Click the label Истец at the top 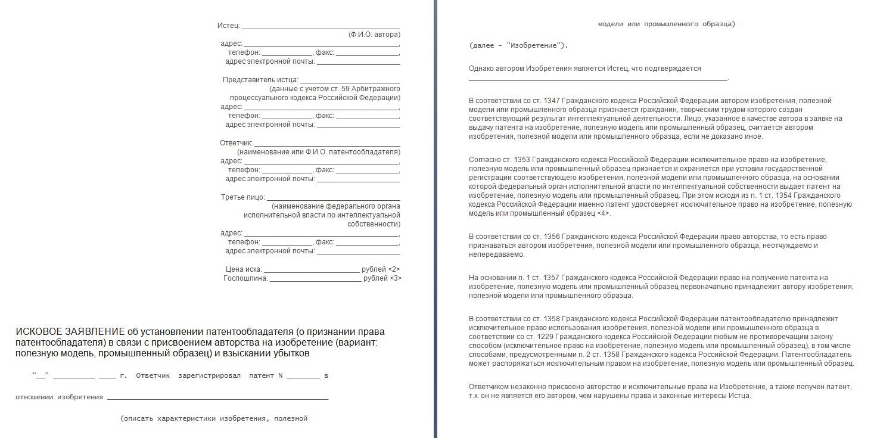(x=228, y=26)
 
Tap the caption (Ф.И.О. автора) (x=374, y=35)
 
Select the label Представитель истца (x=260, y=79)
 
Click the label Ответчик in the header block (x=236, y=143)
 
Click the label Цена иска (x=244, y=269)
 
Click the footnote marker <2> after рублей (x=394, y=269)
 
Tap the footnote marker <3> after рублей (x=395, y=278)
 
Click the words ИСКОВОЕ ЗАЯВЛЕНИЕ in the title (x=70, y=332)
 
